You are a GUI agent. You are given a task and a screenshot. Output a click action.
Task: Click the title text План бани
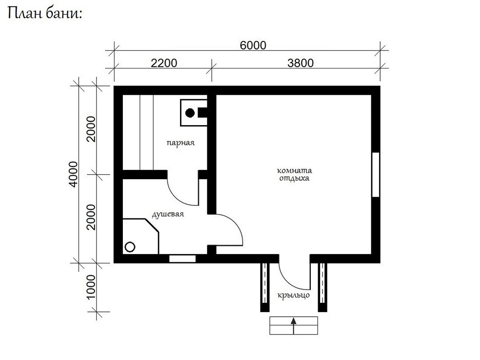[45, 14]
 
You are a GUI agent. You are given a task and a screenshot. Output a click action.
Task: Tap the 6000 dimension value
[253, 46]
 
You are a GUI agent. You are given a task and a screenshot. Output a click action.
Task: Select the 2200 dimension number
[164, 63]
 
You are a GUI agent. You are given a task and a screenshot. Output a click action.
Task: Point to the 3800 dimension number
[300, 63]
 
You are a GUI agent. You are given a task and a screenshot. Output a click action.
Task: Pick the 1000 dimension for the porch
[91, 286]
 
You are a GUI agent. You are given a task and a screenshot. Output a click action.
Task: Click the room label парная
[180, 143]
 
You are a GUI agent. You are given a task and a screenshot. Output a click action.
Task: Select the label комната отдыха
[294, 174]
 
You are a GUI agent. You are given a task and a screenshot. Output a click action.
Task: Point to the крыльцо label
[294, 295]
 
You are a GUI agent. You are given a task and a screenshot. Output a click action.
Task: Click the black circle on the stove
[190, 113]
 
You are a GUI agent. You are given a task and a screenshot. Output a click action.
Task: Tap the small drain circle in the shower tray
[130, 247]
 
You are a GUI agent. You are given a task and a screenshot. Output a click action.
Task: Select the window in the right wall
[376, 175]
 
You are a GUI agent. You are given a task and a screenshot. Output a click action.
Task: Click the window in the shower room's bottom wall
[182, 258]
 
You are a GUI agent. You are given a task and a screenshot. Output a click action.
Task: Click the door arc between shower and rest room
[237, 225]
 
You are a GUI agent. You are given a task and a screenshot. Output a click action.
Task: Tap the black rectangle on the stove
[202, 112]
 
